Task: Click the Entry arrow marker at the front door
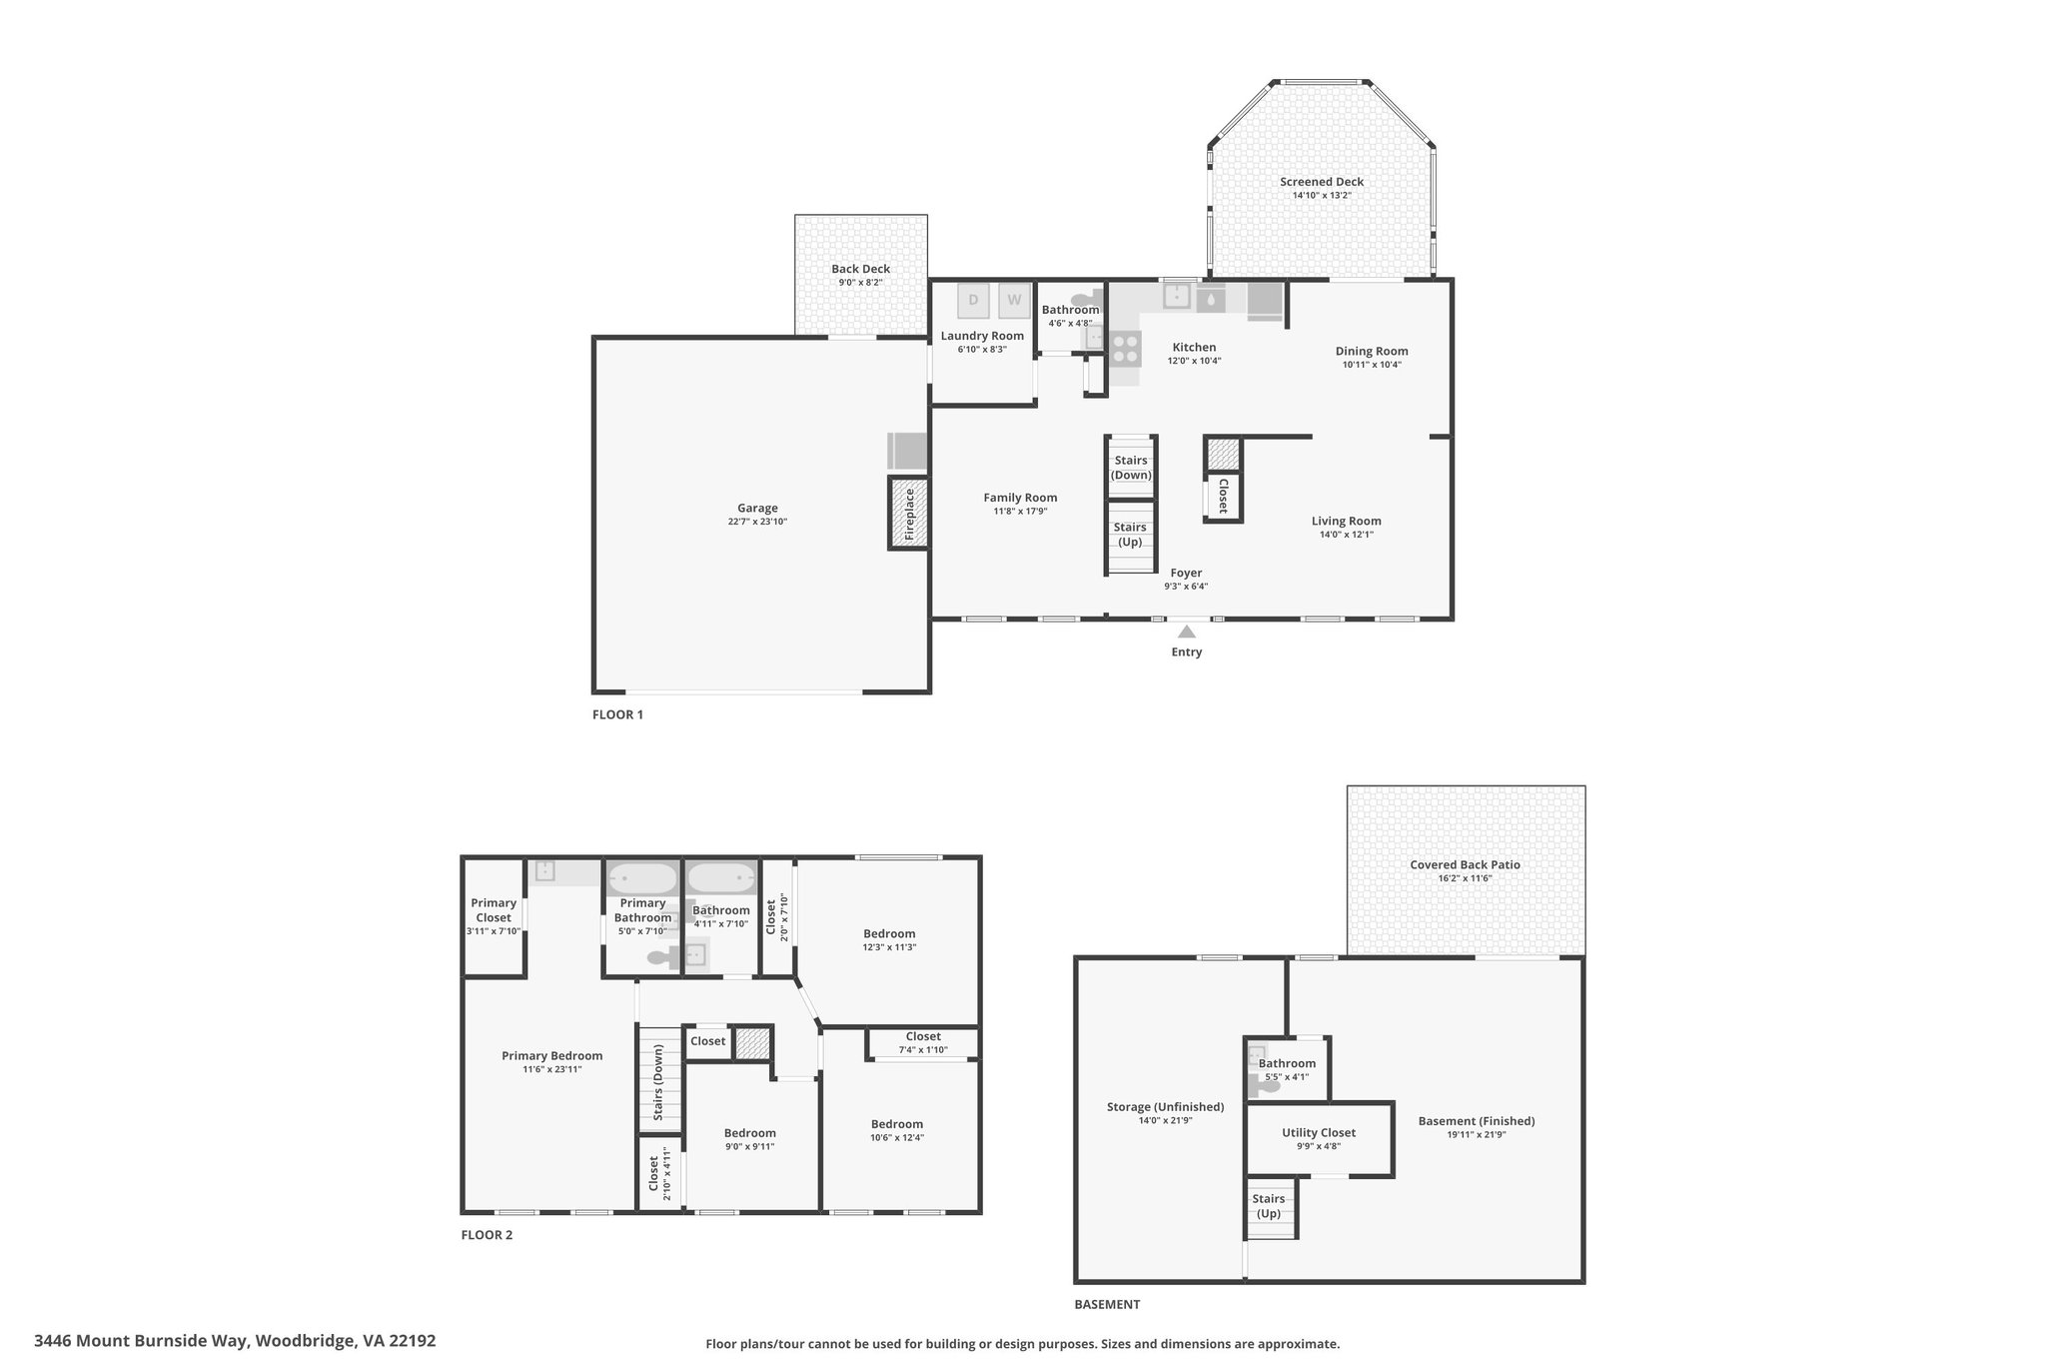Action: pos(1187,632)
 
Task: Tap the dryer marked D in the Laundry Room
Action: pos(973,301)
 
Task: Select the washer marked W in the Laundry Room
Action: pos(1014,301)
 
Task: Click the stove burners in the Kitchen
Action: pos(1125,348)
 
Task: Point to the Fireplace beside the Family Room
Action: pos(909,514)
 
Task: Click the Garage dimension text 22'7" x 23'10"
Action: pos(757,522)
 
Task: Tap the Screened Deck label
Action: pos(1322,182)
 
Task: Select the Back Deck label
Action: pos(861,269)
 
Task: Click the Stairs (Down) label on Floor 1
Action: pos(1131,468)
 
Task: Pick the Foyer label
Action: pos(1186,573)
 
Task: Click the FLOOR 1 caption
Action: pos(618,714)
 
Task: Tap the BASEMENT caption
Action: pos(1107,1304)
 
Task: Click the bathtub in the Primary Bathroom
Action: pos(643,878)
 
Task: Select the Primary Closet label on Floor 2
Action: pos(494,910)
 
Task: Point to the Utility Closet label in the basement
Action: pos(1319,1132)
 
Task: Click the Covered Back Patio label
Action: pos(1465,865)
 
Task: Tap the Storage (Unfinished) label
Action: pos(1165,1106)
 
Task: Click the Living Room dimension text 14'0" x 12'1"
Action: pos(1347,535)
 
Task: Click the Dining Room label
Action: pos(1372,351)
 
